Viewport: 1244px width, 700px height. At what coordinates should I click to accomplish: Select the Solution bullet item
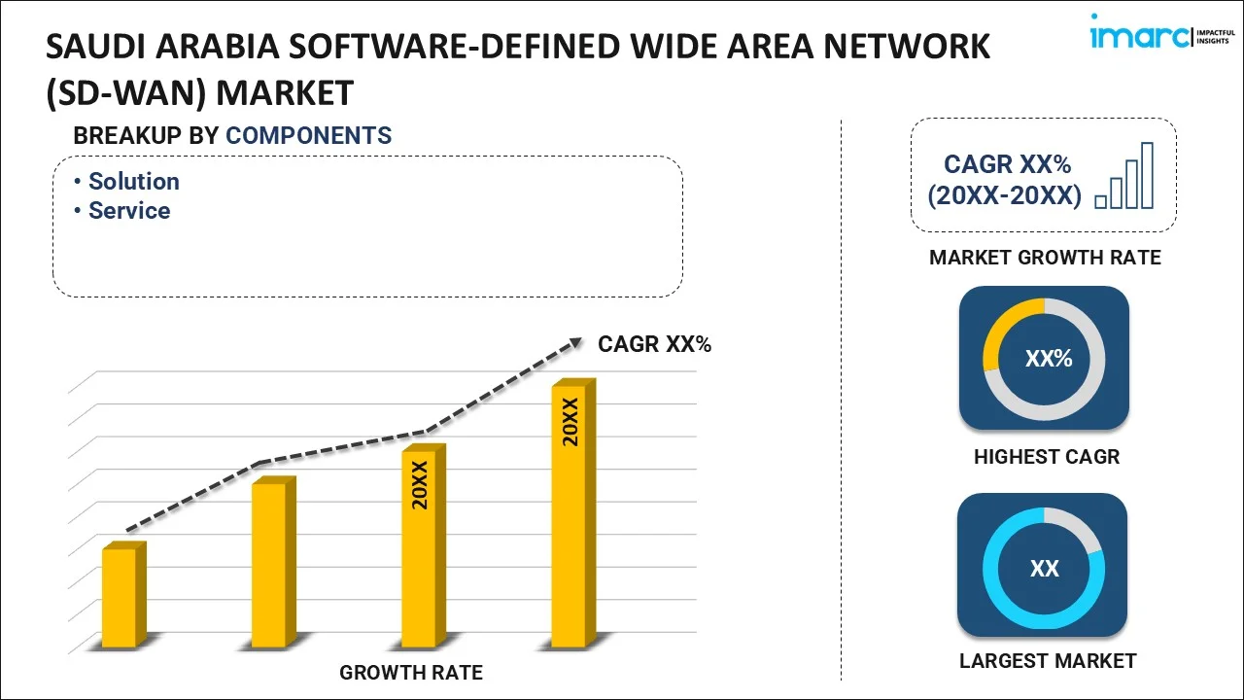pyautogui.click(x=133, y=182)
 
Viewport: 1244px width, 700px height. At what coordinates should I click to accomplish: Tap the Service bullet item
pyautogui.click(x=128, y=211)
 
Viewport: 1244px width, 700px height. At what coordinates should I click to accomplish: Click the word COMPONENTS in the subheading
pyautogui.click(x=308, y=136)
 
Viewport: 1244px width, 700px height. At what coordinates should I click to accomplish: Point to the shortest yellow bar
pyautogui.click(x=121, y=597)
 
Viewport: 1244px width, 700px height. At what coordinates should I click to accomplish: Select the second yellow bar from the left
pyautogui.click(x=269, y=564)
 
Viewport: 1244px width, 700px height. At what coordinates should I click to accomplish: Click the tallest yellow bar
pyautogui.click(x=569, y=515)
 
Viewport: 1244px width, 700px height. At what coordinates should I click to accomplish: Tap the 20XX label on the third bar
pyautogui.click(x=420, y=485)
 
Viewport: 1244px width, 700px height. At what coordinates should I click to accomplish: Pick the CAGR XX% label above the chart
pyautogui.click(x=654, y=344)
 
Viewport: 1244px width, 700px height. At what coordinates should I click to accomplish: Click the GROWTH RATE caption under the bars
pyautogui.click(x=410, y=672)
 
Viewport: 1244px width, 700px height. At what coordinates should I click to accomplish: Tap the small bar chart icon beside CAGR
pyautogui.click(x=1124, y=177)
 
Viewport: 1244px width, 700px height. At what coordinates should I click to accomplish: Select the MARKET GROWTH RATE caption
pyautogui.click(x=1045, y=258)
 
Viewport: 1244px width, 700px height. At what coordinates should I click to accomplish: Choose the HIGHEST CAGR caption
pyautogui.click(x=1046, y=456)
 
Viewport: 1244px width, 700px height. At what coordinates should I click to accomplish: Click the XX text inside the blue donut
pyautogui.click(x=1044, y=568)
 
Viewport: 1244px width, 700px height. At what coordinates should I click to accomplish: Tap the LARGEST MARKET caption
pyautogui.click(x=1047, y=661)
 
